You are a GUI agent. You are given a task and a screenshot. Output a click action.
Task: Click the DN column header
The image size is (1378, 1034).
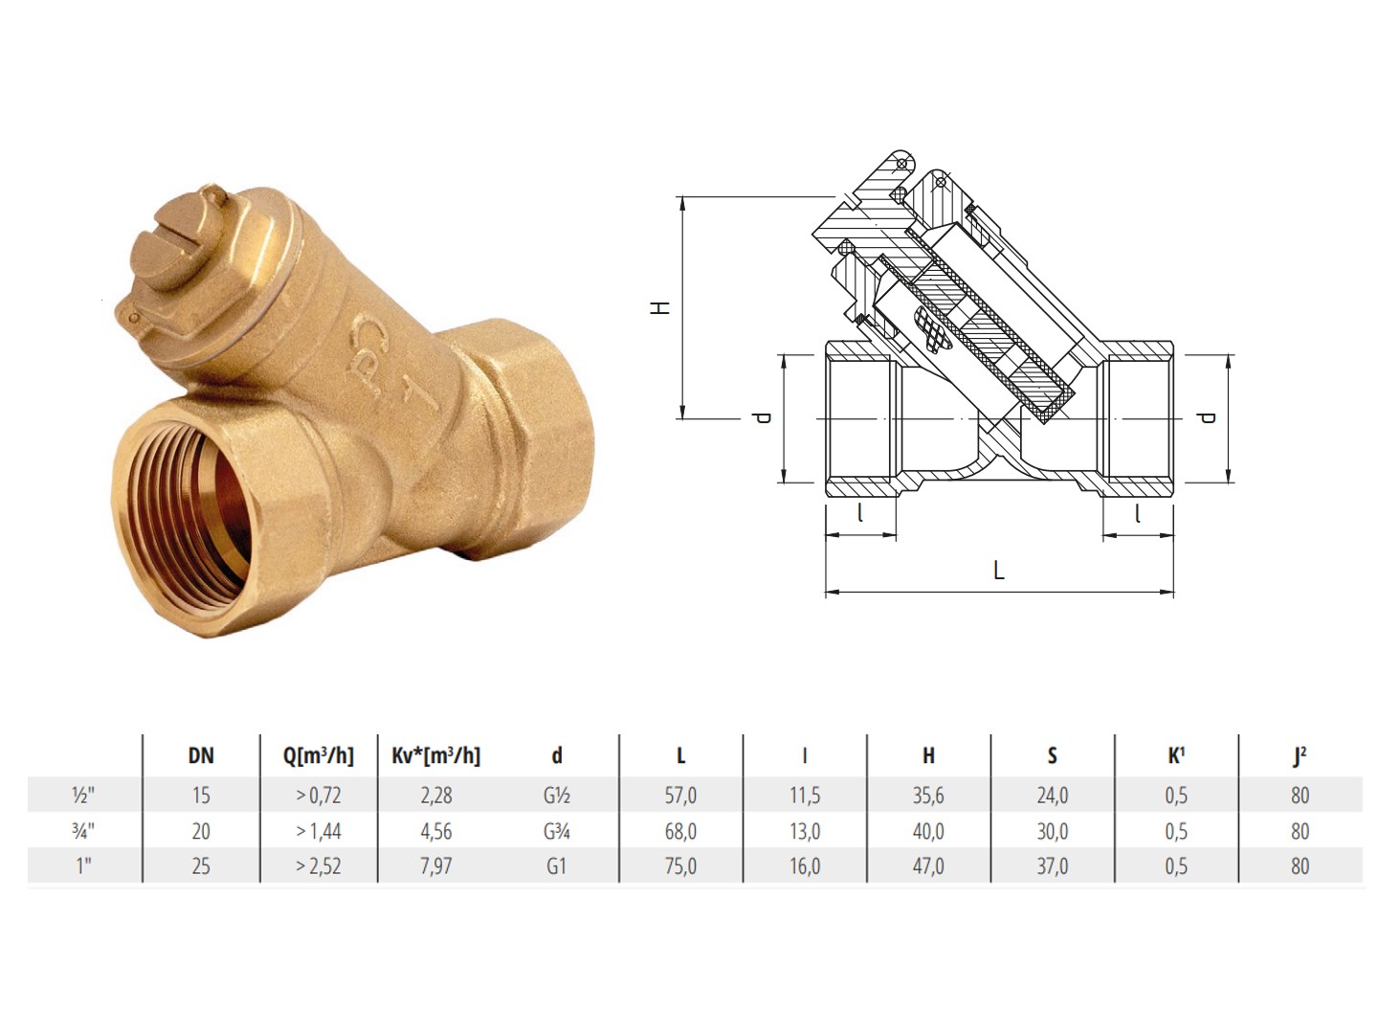[201, 756]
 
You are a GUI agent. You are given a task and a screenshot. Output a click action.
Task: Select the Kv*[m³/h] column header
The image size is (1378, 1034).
[435, 756]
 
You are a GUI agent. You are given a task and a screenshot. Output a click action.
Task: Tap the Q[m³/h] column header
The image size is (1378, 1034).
[319, 756]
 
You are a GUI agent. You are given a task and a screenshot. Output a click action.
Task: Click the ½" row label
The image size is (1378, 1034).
[83, 796]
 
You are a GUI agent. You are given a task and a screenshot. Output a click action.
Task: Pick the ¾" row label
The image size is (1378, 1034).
[83, 831]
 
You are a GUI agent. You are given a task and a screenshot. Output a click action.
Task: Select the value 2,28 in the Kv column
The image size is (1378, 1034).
[435, 796]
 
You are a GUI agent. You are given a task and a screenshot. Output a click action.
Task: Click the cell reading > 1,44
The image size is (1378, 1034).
[319, 831]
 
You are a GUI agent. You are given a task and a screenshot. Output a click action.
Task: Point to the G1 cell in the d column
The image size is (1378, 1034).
[556, 866]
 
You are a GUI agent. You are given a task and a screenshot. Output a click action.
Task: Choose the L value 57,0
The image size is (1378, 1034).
[680, 796]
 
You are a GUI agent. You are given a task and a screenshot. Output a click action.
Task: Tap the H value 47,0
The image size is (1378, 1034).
[928, 866]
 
